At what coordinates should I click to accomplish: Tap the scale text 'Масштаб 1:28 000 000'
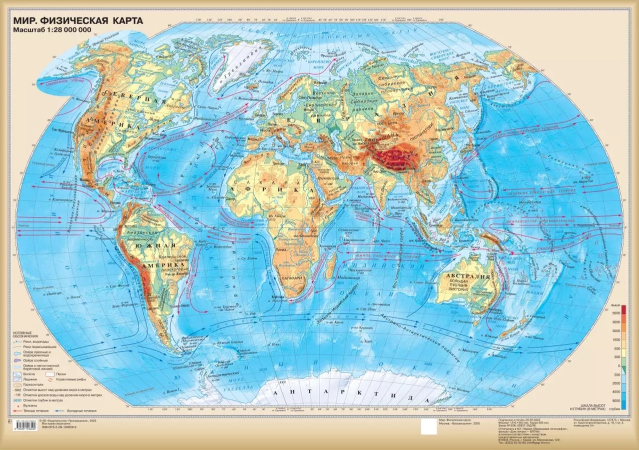click(51, 31)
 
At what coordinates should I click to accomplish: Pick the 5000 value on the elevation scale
click(616, 312)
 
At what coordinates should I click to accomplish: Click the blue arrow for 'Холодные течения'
click(70, 411)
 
